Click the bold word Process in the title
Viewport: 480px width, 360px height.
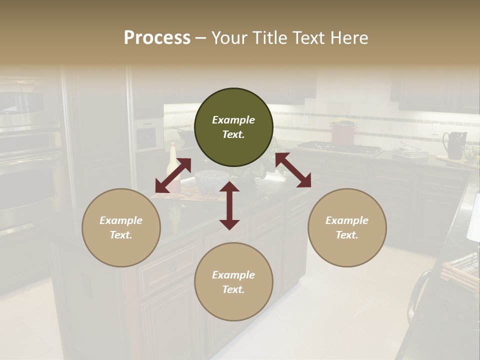click(157, 38)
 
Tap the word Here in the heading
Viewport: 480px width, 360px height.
click(348, 38)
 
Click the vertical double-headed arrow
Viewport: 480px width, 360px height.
click(229, 205)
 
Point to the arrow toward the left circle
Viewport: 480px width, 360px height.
click(173, 175)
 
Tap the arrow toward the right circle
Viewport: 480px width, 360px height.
click(293, 170)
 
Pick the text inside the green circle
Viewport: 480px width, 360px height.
click(233, 127)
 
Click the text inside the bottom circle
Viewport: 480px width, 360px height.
click(233, 282)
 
